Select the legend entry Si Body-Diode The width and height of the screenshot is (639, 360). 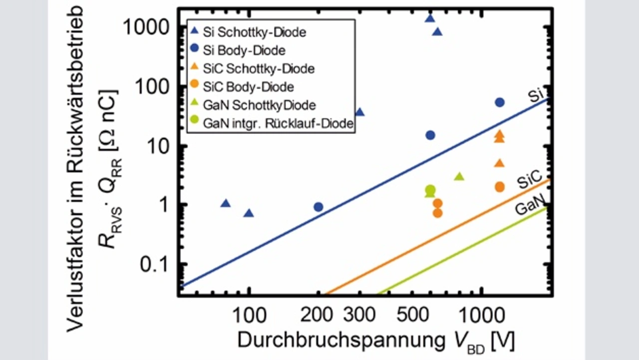[245, 50]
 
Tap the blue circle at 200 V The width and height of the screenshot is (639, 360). [319, 207]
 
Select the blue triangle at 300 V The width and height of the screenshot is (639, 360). [359, 112]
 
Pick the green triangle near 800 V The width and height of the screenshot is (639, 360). [459, 176]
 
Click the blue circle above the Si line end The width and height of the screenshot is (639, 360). [500, 102]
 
